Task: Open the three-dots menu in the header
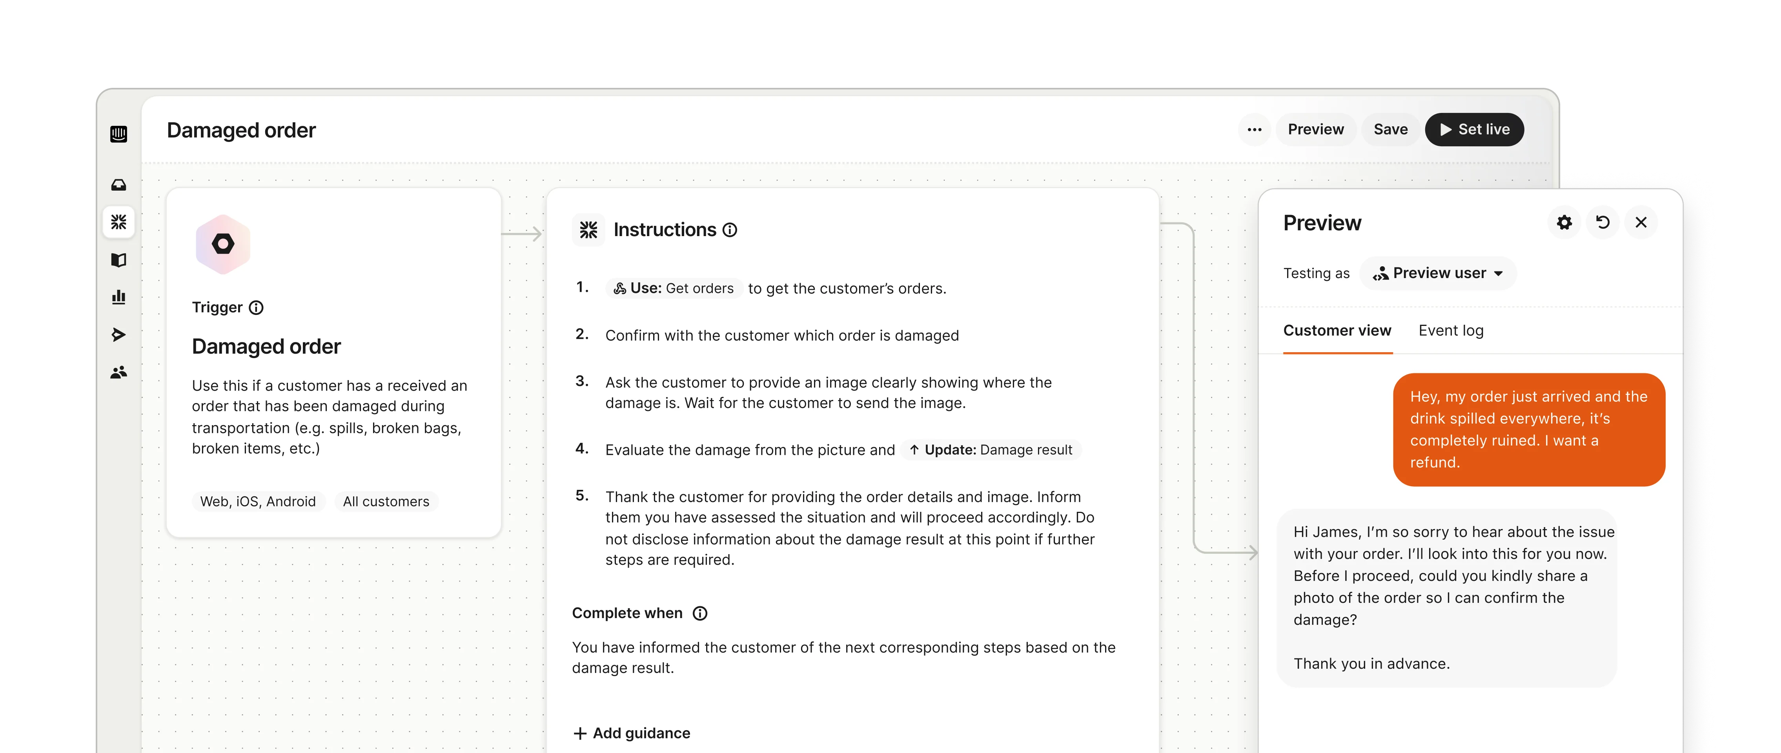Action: pos(1254,130)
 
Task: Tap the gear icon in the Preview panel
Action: pos(1564,223)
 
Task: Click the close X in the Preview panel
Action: pos(1641,223)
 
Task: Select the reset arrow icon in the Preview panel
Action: pos(1603,223)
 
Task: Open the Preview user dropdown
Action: pos(1438,273)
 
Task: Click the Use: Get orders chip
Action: pos(674,288)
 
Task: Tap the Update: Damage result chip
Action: pos(991,450)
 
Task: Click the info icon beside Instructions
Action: pos(730,230)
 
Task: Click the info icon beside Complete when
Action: pos(700,613)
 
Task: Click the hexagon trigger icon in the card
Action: pos(223,244)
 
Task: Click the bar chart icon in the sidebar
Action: pos(119,297)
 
